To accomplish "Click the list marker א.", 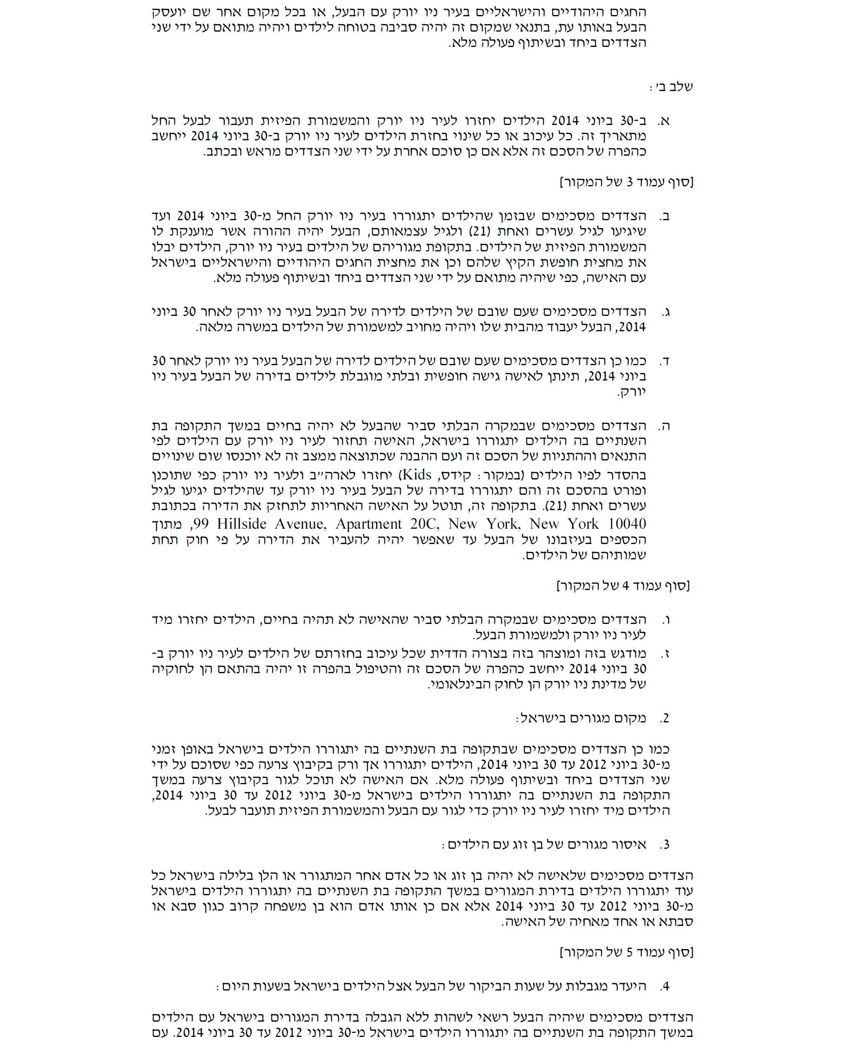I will coord(665,121).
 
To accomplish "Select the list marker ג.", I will coord(666,312).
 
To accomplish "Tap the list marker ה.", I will coord(665,426).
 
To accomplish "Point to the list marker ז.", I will coord(666,654).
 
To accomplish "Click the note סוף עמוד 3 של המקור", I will coord(627,182).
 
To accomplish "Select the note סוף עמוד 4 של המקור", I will coord(623,585).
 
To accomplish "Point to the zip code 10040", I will coord(627,524).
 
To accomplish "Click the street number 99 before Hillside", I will coord(200,524).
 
